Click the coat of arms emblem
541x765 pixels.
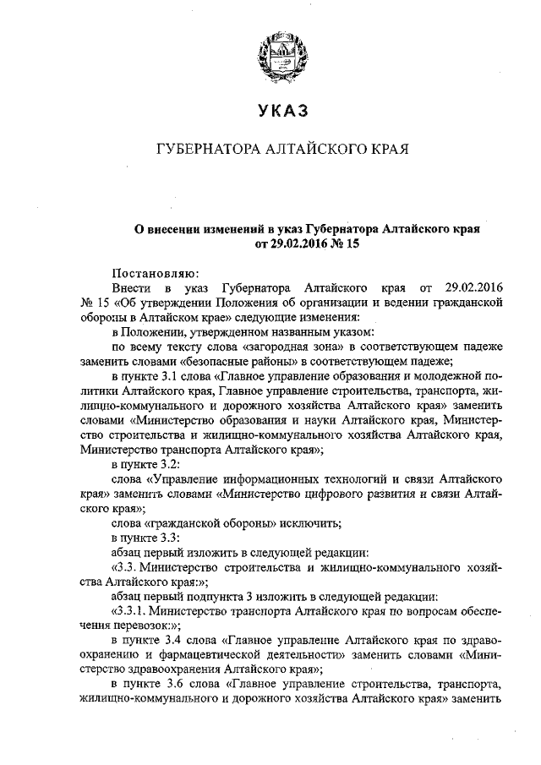(278, 50)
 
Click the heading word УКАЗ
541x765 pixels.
(278, 109)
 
